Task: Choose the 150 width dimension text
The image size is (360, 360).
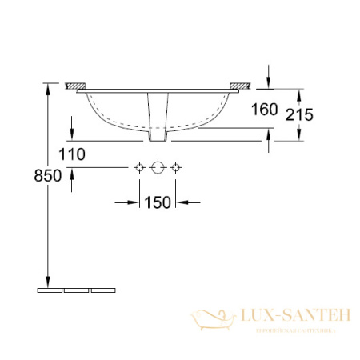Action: click(x=159, y=202)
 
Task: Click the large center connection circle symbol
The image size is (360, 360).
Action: click(x=158, y=167)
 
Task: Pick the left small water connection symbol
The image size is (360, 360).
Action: click(x=140, y=167)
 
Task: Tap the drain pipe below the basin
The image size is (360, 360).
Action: click(x=158, y=116)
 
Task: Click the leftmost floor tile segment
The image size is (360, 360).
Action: click(x=49, y=290)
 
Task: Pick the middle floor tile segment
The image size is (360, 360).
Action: click(x=76, y=290)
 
